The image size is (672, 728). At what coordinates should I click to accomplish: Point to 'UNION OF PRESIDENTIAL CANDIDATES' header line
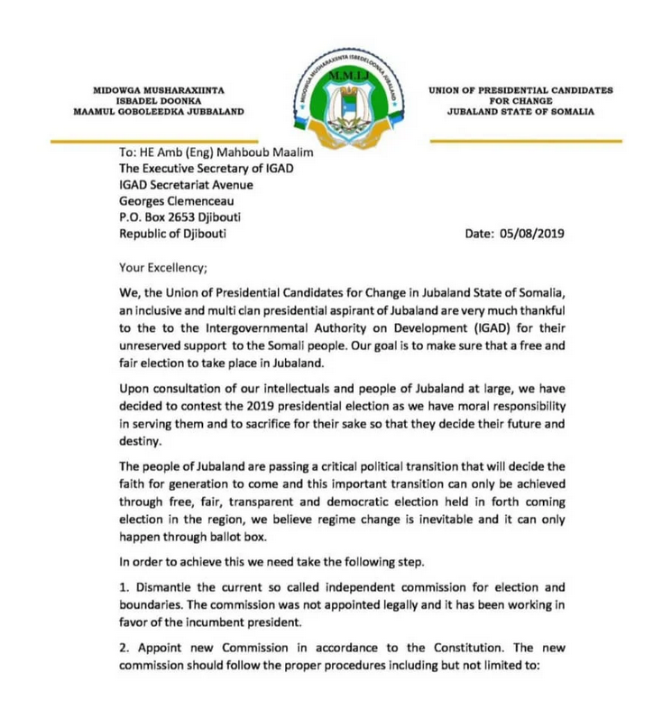[x=521, y=90]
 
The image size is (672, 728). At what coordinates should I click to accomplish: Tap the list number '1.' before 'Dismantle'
[x=125, y=587]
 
